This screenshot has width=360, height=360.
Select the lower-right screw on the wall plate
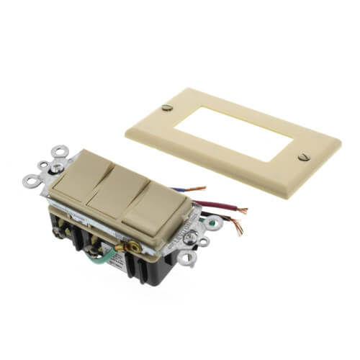[302, 156]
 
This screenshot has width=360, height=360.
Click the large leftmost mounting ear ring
[30, 181]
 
